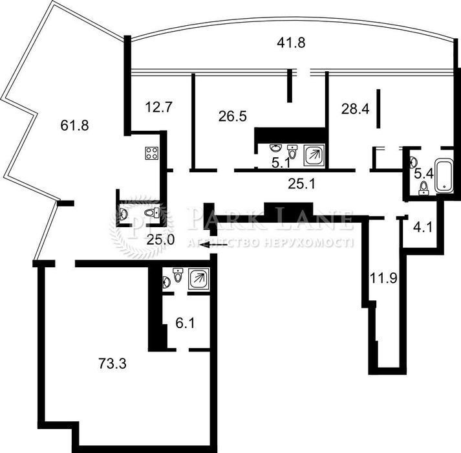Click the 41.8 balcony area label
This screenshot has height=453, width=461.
pos(291,43)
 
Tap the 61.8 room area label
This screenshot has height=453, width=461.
pos(74,126)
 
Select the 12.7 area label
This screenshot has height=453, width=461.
pos(158,107)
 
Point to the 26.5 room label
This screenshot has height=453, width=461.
pos(233,116)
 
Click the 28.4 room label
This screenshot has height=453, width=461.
pos(355,109)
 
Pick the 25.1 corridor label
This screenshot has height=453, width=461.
pos(301,184)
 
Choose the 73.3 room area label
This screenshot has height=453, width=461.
pos(113,363)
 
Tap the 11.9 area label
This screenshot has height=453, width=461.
pos(383,278)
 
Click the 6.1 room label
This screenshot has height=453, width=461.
pos(185,324)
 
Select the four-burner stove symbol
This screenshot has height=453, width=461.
pos(152,153)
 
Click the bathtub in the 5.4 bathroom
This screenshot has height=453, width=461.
pos(444,175)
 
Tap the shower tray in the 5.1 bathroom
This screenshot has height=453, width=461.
pos(314,155)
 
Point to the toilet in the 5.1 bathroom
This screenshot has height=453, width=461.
pos(292,151)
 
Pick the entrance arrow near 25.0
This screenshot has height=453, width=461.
pos(213,245)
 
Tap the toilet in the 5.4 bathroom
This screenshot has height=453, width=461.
pos(423,188)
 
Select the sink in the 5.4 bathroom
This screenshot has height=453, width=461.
pos(413,161)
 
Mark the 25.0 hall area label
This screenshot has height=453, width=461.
pos(160,240)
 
